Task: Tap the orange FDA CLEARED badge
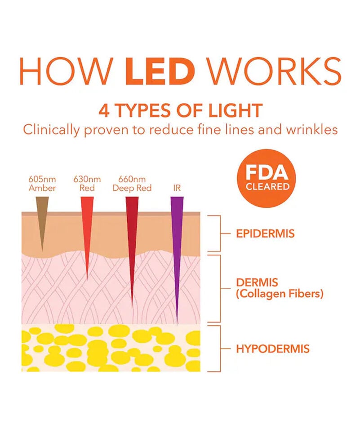(267, 179)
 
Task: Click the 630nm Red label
(87, 184)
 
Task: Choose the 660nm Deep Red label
(132, 184)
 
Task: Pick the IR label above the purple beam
(177, 188)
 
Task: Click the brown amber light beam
(42, 220)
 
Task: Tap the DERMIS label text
(257, 283)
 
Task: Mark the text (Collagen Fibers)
(280, 295)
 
